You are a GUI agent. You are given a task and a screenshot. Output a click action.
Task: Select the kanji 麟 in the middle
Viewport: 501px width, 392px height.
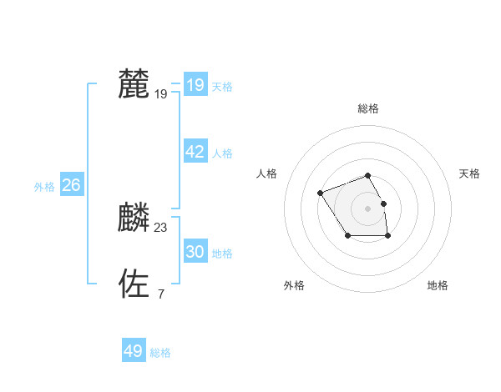tap(134, 218)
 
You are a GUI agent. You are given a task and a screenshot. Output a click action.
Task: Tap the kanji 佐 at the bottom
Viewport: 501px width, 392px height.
tap(134, 284)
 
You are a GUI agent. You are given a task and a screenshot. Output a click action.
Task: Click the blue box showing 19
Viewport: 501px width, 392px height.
tap(195, 85)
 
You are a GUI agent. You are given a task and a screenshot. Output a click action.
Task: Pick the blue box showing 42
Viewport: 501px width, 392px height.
tap(195, 152)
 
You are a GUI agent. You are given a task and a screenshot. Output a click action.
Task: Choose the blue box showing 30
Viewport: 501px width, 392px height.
tap(195, 252)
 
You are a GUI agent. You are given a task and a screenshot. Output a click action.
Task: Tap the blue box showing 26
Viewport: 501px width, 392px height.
tap(71, 185)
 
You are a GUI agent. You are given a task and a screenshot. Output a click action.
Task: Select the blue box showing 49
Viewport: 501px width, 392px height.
tap(134, 351)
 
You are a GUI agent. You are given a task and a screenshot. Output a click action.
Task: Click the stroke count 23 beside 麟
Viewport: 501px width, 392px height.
tap(161, 228)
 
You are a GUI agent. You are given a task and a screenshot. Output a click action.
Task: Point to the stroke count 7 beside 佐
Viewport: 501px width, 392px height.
tap(161, 294)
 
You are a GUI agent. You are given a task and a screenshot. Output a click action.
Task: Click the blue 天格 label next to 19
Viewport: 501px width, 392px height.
tap(222, 87)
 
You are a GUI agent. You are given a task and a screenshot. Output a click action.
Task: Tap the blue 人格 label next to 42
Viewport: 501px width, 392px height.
tap(222, 153)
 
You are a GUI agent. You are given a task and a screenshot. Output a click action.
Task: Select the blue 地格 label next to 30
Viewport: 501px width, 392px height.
tap(222, 254)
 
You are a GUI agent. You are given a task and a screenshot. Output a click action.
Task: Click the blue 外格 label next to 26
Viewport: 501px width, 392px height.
tap(44, 188)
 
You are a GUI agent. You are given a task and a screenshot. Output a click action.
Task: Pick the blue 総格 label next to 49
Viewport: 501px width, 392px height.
tap(160, 353)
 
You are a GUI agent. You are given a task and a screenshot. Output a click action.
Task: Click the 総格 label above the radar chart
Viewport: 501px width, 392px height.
tap(368, 108)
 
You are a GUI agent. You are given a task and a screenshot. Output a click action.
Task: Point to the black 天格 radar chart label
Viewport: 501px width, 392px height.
tap(469, 173)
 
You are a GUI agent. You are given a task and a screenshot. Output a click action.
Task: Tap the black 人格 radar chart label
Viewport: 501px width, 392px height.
tap(266, 173)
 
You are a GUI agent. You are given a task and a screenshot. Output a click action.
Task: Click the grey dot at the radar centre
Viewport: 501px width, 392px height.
tap(368, 208)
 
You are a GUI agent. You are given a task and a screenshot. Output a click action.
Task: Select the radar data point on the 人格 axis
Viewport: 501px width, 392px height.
tap(321, 193)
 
